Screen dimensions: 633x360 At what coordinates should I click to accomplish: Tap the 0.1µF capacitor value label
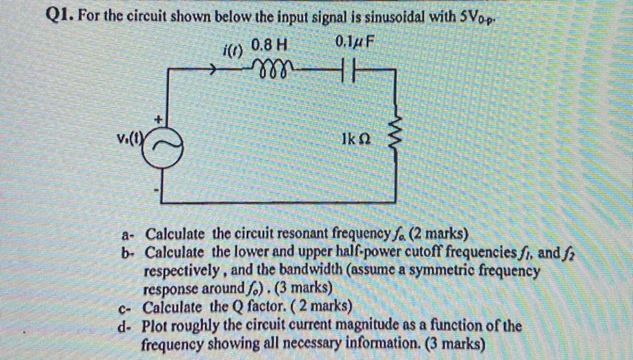click(x=355, y=43)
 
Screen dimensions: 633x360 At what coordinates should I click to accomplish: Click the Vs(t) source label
click(x=128, y=140)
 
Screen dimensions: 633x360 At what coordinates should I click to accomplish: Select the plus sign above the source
click(x=158, y=120)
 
